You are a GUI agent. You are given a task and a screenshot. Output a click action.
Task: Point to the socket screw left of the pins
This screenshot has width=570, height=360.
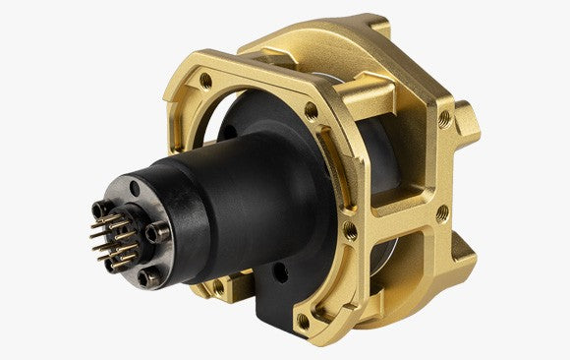pos(97,209)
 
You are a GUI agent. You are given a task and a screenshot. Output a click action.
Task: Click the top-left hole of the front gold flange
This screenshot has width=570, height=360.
pos(204,80)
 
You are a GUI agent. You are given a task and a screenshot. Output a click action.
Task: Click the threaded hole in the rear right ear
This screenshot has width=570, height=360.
pos(444,119)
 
